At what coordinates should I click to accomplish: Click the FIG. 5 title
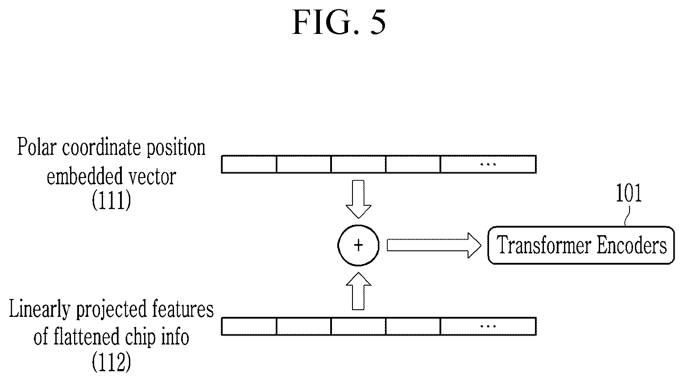pos(339,22)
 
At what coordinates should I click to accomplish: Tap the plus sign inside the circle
pos(358,245)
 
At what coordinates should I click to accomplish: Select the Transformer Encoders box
pos(581,245)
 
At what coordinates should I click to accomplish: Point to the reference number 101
pos(629,193)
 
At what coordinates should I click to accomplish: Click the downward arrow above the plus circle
pos(358,199)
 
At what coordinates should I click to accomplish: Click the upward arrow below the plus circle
pos(358,291)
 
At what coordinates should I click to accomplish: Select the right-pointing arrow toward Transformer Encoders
pos(434,245)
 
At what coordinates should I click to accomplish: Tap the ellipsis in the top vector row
pos(488,164)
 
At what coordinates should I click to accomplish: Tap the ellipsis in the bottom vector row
pos(488,326)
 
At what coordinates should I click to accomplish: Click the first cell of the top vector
pos(249,164)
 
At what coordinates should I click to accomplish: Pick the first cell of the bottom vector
pos(249,326)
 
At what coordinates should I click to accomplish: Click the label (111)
pos(112,200)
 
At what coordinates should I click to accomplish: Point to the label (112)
pos(112,362)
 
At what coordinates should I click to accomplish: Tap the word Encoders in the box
pos(631,245)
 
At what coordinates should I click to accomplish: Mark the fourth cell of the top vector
pos(413,164)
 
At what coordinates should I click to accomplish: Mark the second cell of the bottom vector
pos(303,326)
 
